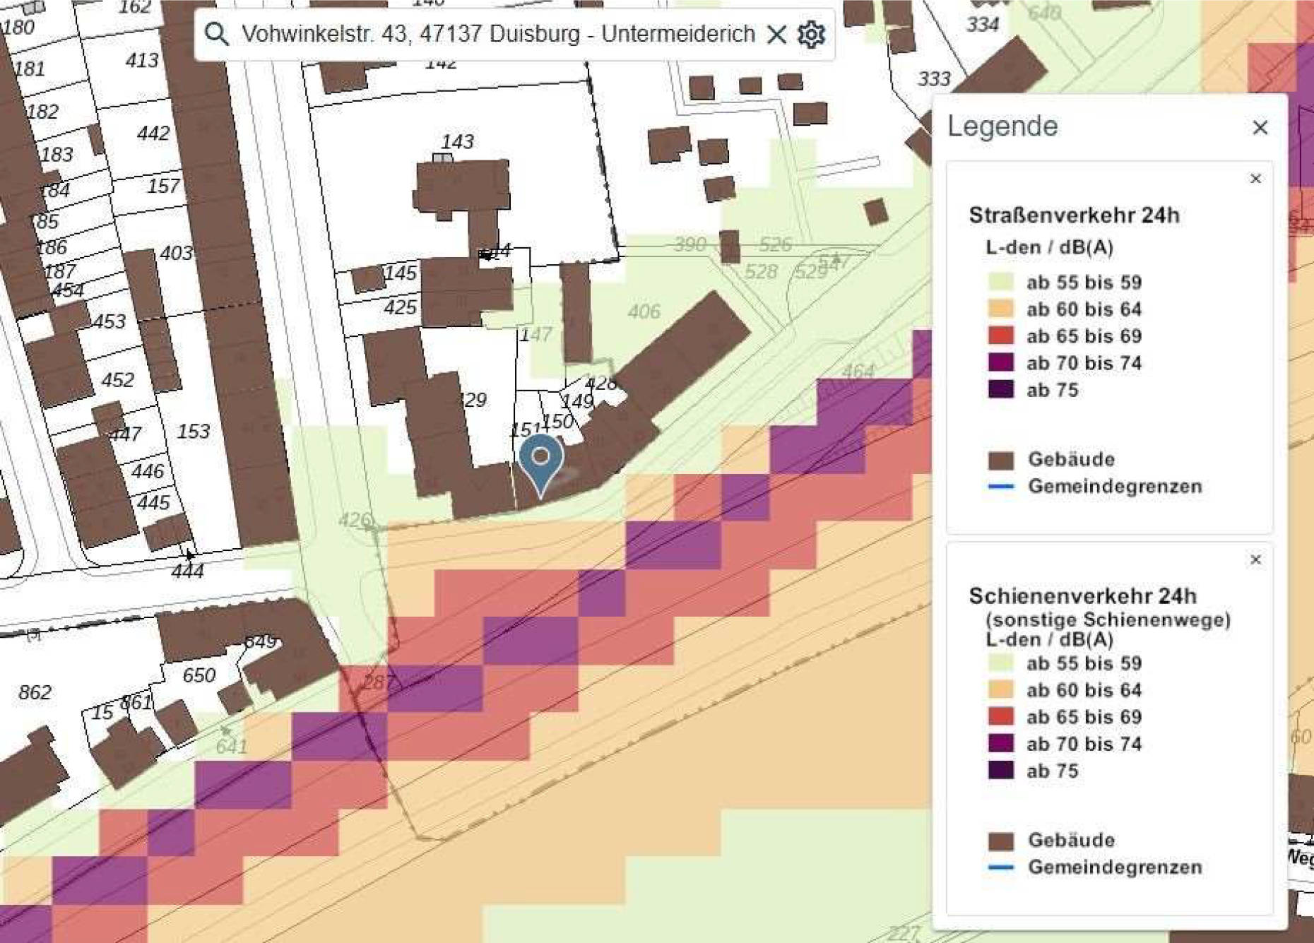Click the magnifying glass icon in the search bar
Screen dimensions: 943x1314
[x=216, y=33]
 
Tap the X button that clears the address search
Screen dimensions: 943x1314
[x=776, y=34]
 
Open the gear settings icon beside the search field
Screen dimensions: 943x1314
[x=811, y=34]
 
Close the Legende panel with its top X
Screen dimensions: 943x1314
[x=1260, y=128]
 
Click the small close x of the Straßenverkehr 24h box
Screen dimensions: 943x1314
[x=1255, y=179]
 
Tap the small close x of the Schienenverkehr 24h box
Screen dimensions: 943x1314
[x=1255, y=560]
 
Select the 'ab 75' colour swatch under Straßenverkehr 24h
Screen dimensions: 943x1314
[x=1000, y=389]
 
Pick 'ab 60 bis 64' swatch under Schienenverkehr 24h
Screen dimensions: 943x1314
[x=1000, y=689]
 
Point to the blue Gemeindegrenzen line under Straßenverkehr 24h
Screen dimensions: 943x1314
[x=1000, y=486]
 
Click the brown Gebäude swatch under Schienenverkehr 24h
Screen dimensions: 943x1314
[x=1000, y=841]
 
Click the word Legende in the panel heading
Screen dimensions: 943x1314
[x=1002, y=126]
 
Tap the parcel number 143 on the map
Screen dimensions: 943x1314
[x=457, y=142]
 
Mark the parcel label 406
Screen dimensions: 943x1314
[x=644, y=311]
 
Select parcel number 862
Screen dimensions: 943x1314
[x=35, y=692]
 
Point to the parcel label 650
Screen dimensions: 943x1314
[x=199, y=675]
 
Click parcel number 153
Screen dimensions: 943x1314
[x=193, y=431]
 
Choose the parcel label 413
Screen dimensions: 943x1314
[x=142, y=61]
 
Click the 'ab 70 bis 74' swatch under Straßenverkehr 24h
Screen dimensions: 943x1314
[x=1000, y=362]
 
